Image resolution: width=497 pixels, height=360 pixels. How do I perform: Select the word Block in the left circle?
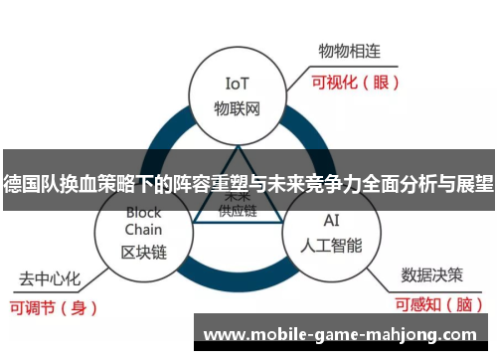(143, 212)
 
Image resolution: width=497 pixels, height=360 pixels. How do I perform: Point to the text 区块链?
(143, 252)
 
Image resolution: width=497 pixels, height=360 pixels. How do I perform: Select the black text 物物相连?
(349, 50)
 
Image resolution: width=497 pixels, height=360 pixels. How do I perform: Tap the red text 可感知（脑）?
(438, 305)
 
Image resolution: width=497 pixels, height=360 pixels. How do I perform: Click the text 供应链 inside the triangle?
(238, 211)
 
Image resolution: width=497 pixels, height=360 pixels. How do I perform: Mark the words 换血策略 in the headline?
(95, 183)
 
